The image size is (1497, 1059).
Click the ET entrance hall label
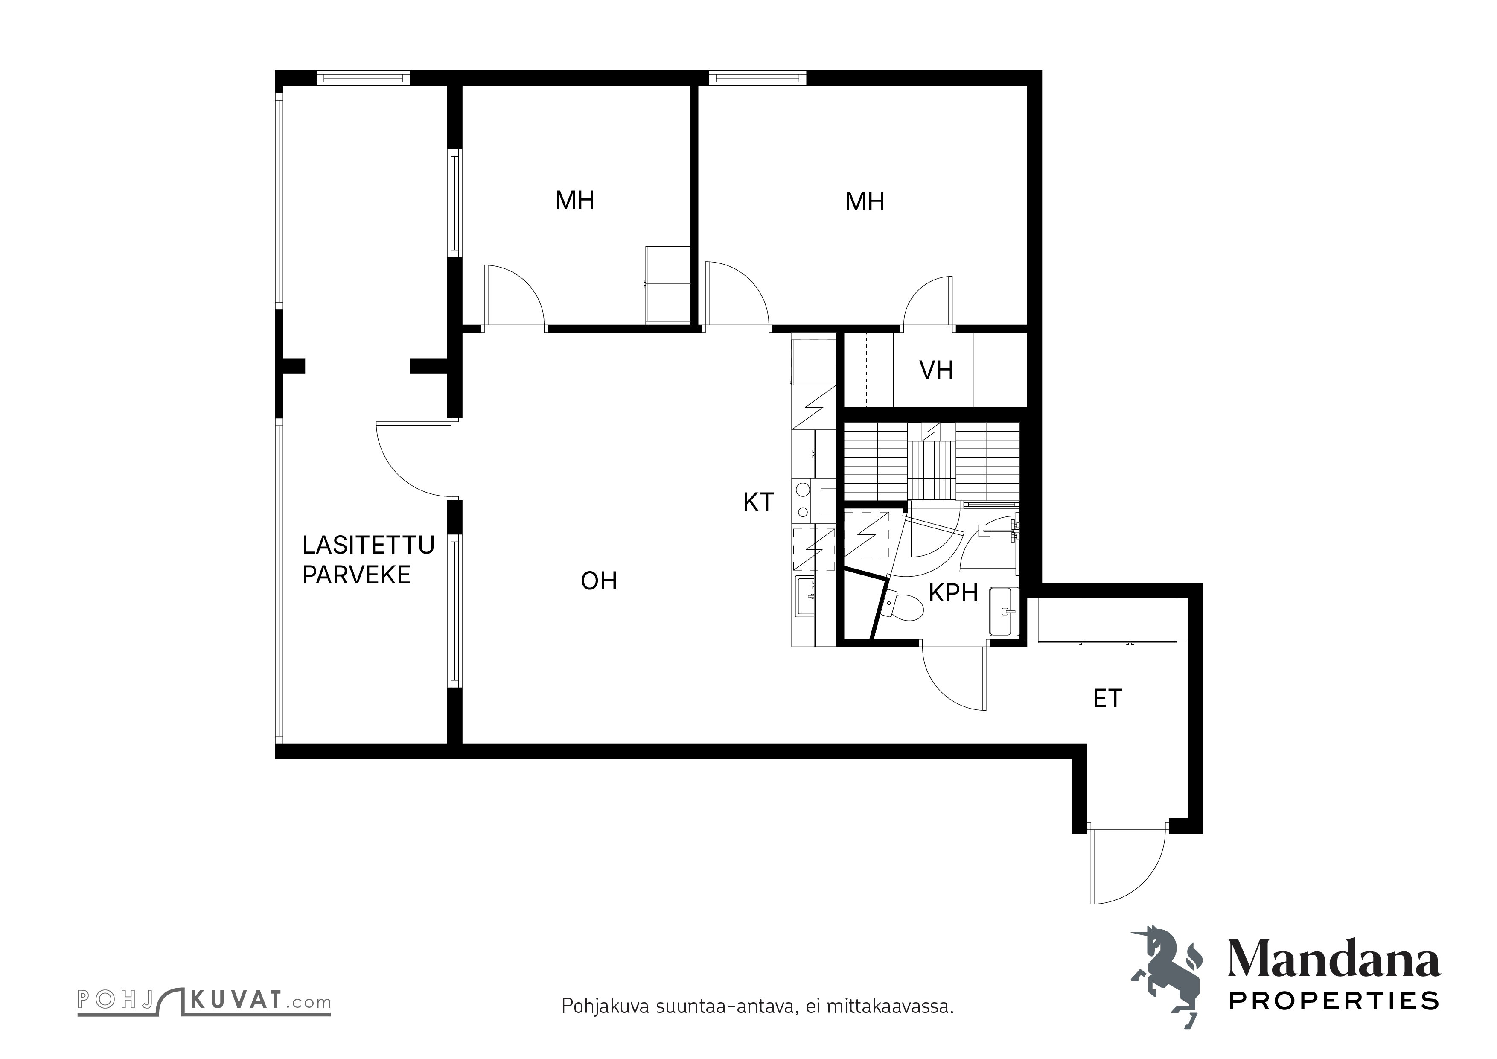tap(1107, 698)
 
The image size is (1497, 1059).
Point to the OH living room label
tap(599, 581)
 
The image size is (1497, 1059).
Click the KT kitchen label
tap(758, 502)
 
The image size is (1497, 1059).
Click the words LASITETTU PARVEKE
tap(368, 560)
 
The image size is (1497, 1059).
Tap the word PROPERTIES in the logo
tap(1334, 1001)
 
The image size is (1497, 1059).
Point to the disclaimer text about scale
tap(757, 1006)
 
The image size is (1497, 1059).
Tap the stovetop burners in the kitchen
tap(801, 501)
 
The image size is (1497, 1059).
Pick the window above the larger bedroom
tap(757, 78)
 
